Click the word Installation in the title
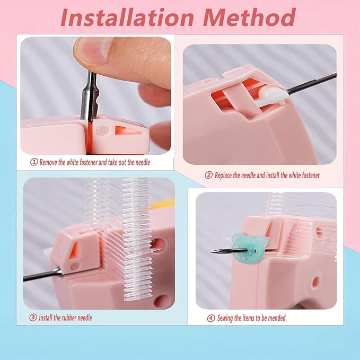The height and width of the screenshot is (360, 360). [x=127, y=17]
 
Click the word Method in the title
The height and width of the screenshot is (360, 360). [x=249, y=17]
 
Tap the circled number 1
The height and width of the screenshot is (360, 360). [x=34, y=162]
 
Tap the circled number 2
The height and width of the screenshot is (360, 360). [x=208, y=175]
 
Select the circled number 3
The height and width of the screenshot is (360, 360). [x=33, y=318]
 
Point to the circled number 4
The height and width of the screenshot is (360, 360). [x=211, y=318]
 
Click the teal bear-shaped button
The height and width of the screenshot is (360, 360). [x=244, y=248]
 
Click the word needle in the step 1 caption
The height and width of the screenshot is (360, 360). [x=142, y=162]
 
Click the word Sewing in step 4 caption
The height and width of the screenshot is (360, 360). [x=225, y=318]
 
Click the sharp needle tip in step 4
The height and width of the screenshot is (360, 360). [x=210, y=252]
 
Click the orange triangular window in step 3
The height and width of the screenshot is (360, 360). [x=75, y=251]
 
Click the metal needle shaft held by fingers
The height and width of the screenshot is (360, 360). [x=89, y=96]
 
